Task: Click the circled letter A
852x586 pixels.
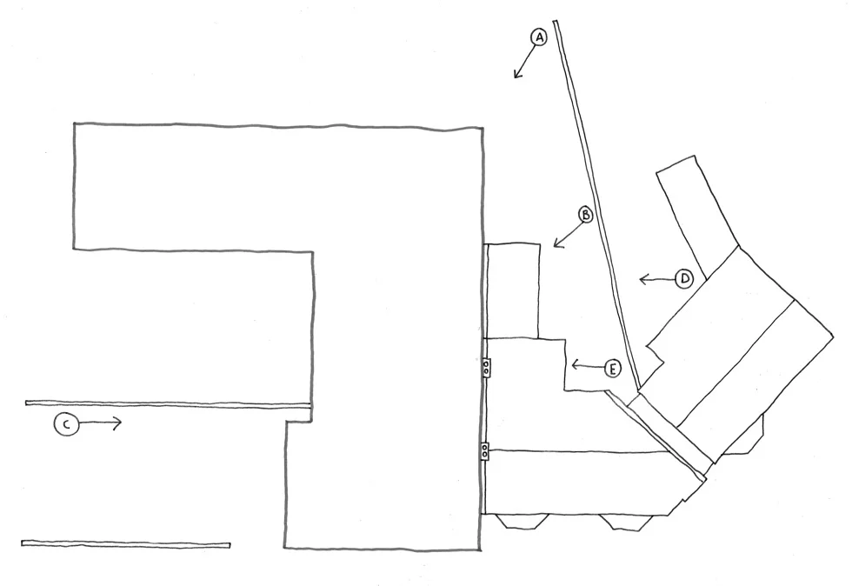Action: [x=539, y=37]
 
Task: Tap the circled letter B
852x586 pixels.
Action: [x=586, y=215]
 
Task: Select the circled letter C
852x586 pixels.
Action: [x=65, y=424]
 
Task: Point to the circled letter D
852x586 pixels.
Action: [x=684, y=279]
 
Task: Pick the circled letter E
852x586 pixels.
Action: [x=613, y=369]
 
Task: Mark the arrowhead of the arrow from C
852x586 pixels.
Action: [x=121, y=423]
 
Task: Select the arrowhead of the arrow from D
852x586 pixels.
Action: [x=641, y=279]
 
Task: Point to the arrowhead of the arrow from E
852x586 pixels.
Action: [x=572, y=364]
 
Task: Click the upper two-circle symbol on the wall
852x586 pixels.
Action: [x=486, y=369]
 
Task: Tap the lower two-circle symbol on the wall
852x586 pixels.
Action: [x=485, y=450]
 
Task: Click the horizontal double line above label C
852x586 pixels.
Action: [x=165, y=403]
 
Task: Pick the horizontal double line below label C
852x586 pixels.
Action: [x=126, y=543]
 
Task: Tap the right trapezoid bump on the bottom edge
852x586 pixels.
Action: [x=622, y=522]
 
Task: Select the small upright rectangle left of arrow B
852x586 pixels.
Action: [x=513, y=290]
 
